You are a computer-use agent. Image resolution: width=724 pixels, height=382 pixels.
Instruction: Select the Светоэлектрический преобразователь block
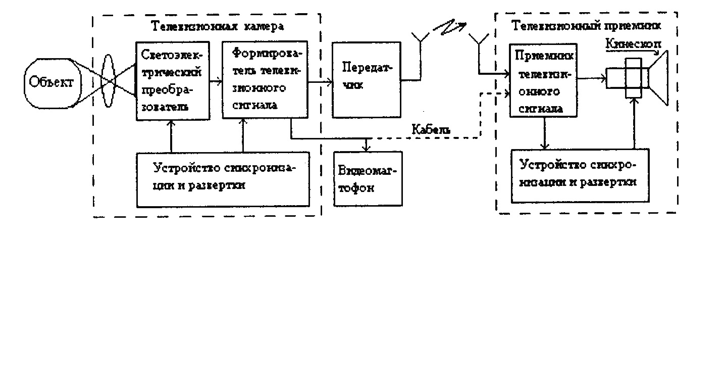tap(172, 81)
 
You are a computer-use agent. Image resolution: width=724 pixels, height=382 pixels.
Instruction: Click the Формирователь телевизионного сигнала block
tap(265, 80)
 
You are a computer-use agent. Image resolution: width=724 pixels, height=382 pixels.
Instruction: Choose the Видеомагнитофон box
tap(369, 178)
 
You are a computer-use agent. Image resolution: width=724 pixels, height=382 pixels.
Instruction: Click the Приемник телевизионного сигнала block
tap(543, 79)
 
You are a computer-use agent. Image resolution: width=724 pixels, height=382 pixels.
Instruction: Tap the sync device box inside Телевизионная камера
tap(223, 179)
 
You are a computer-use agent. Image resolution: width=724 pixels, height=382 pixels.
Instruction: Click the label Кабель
tap(431, 129)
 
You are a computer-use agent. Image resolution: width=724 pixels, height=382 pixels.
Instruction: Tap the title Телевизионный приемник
tap(586, 25)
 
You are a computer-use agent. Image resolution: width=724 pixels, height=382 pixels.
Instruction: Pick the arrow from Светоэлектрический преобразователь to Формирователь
tap(215, 80)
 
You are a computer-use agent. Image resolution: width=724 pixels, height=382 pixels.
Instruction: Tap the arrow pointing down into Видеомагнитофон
tap(367, 145)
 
